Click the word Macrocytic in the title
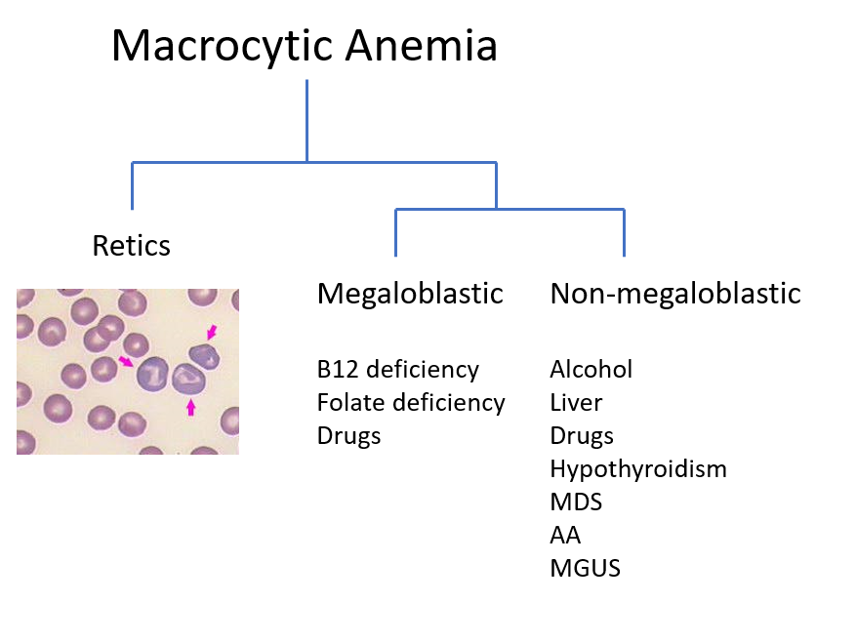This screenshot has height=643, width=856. click(x=223, y=47)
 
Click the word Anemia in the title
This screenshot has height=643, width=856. click(x=422, y=45)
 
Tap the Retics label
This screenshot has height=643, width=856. click(x=132, y=246)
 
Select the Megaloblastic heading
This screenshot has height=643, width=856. click(x=410, y=295)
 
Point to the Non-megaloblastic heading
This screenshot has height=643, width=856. click(x=675, y=295)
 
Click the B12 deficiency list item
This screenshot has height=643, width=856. click(x=398, y=370)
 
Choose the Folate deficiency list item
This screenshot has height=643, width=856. click(x=411, y=404)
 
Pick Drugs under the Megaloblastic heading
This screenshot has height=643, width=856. click(x=348, y=437)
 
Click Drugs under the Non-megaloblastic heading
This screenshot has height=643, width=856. click(x=582, y=437)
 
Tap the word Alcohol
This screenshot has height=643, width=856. click(x=591, y=370)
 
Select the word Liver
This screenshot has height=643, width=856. click(x=576, y=403)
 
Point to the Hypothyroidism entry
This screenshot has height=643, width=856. click(x=638, y=469)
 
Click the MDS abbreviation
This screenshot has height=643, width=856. click(x=576, y=502)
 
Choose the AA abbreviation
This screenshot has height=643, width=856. click(x=565, y=536)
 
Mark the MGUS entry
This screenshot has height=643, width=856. click(x=586, y=569)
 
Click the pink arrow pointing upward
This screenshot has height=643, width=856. click(x=190, y=407)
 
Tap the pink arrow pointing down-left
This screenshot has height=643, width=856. click(x=212, y=332)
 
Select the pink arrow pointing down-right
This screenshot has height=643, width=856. click(x=126, y=361)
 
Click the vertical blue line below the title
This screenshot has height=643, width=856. click(x=306, y=121)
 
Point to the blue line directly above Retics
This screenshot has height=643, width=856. click(x=132, y=185)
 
